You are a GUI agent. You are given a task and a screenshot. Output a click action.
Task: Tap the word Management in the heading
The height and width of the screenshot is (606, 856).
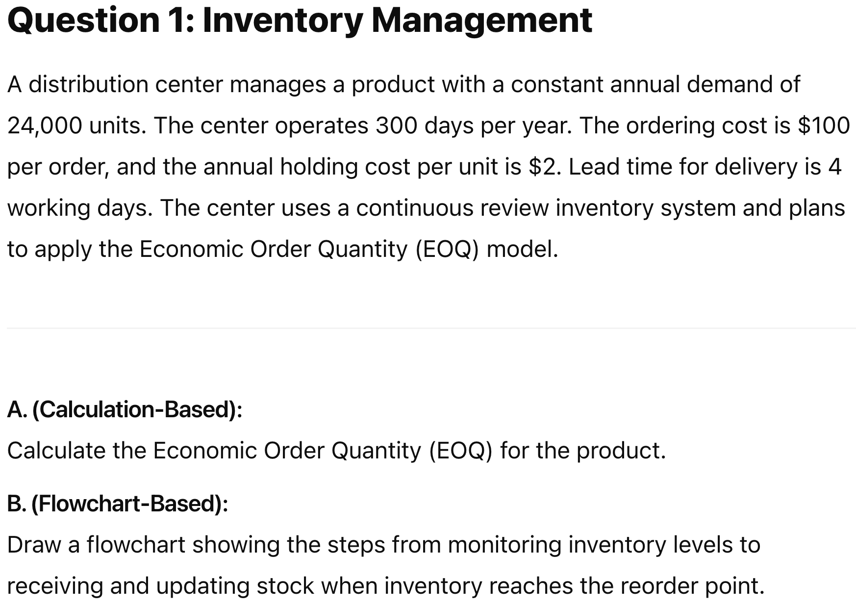tap(481, 21)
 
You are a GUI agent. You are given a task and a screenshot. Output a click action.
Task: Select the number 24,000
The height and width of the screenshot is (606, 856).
tap(44, 126)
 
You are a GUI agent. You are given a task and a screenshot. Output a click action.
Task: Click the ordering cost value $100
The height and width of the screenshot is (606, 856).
tap(824, 126)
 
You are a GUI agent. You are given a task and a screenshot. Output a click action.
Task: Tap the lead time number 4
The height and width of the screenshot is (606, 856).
tap(834, 167)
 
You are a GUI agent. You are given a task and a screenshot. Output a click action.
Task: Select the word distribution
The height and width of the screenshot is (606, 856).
tap(88, 85)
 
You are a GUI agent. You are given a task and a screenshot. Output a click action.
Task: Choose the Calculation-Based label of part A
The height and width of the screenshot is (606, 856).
tap(137, 410)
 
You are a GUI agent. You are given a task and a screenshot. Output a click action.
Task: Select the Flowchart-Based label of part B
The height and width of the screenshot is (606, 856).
tap(130, 504)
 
